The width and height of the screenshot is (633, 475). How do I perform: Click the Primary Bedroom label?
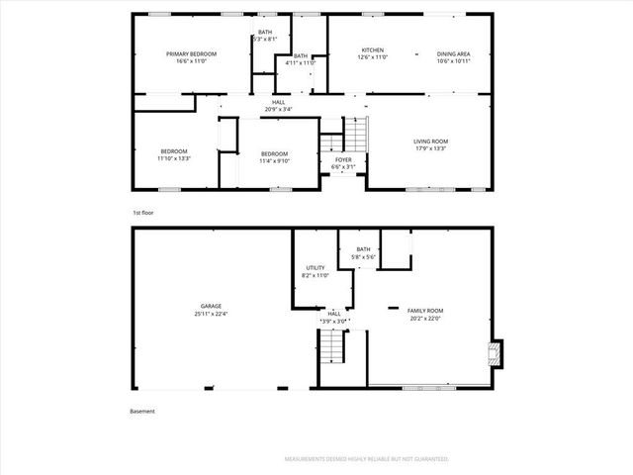coord(191,53)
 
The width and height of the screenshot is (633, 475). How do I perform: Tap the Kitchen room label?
coord(372,50)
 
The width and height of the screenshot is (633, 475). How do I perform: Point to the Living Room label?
coord(430,142)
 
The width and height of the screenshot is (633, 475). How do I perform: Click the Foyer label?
coord(342,159)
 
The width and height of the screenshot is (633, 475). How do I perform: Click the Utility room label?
coord(316,267)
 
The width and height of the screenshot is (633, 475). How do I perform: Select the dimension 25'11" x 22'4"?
coord(211,314)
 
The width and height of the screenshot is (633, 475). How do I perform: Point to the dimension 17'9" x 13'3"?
coord(430,149)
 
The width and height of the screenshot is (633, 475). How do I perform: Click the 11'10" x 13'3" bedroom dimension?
coord(173,158)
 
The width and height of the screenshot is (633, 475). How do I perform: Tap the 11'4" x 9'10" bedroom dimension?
coord(274,161)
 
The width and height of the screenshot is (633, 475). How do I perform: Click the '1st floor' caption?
coord(143,213)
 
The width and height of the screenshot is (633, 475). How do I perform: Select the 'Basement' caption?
coord(142,412)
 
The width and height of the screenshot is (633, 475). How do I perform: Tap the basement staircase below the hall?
coord(331,347)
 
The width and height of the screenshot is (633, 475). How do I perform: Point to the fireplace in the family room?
coord(497,353)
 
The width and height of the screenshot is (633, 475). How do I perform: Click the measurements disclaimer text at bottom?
coord(366,459)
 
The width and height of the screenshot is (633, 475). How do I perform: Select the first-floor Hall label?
coord(280,101)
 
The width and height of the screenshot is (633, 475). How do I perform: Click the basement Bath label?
coord(363,249)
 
